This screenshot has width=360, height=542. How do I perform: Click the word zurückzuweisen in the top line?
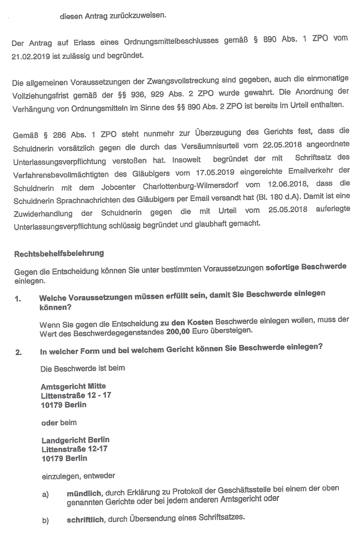click(x=139, y=16)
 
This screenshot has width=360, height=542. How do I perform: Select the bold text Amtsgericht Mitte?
click(x=73, y=386)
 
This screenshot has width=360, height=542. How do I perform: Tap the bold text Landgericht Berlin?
click(x=75, y=440)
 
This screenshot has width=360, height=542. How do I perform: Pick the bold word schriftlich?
click(x=86, y=519)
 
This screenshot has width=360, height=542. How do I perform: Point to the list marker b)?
click(x=45, y=520)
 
